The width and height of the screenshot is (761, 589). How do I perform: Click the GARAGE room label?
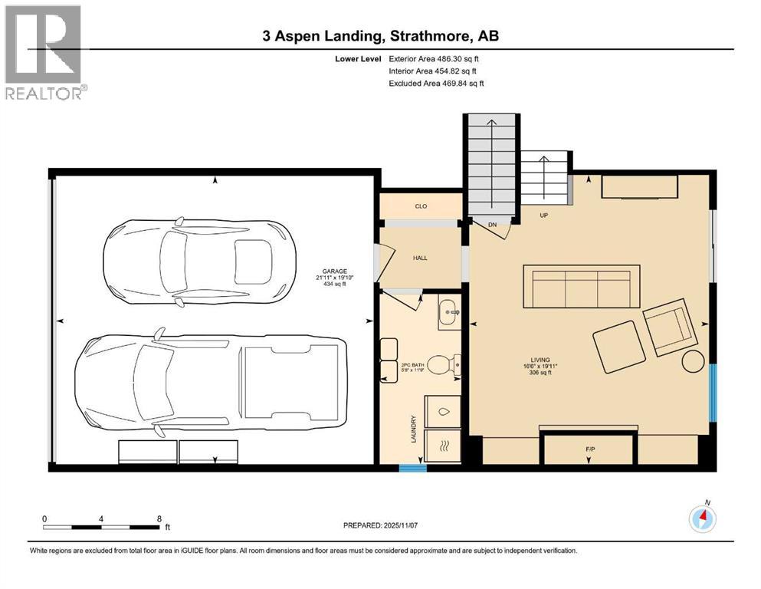335,271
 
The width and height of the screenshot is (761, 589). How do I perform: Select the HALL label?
420,258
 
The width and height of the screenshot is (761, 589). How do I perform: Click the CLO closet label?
420,206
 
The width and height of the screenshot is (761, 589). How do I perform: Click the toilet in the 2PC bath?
444,365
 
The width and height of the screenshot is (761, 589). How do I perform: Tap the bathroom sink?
448,313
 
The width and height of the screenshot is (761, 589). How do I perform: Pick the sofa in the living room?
581,287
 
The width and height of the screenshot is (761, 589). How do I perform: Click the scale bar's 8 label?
158,518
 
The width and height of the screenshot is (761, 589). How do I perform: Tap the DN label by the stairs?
493,225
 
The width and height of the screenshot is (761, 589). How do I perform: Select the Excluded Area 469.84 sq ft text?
436,83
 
